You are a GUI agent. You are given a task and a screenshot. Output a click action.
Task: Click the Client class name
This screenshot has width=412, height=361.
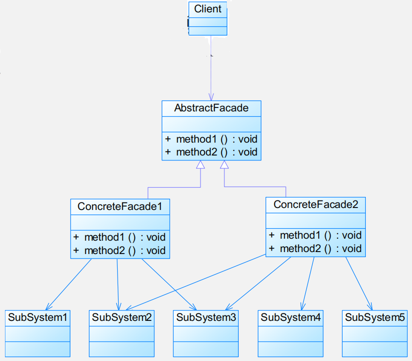tap(207, 9)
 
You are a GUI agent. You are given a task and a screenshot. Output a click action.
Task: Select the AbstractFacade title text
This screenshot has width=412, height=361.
tap(211, 108)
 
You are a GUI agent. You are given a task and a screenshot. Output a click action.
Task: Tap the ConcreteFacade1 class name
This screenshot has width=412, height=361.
tap(120, 206)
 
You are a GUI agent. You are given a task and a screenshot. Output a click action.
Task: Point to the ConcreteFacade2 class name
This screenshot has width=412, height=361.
tap(316, 205)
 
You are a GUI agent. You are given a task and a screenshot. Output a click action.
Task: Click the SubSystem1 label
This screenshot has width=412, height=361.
tap(38, 317)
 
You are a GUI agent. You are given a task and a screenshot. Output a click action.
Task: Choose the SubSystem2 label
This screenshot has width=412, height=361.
tap(122, 317)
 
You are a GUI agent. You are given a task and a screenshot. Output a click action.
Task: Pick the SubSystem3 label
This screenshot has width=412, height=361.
tap(206, 317)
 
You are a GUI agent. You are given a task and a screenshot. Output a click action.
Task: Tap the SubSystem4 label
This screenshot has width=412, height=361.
tap(290, 317)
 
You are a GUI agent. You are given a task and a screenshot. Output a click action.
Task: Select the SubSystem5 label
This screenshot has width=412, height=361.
tap(375, 317)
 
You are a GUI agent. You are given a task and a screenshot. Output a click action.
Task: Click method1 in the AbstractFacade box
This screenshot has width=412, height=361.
tap(196, 139)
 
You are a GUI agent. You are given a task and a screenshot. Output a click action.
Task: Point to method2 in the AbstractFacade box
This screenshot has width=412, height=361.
tap(197, 152)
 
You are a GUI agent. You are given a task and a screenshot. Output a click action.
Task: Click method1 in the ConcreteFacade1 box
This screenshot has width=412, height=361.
tap(104, 237)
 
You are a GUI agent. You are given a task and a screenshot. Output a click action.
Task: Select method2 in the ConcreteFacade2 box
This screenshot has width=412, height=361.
tap(300, 249)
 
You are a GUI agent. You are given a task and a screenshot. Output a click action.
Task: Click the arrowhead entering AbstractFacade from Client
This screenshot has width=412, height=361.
tap(211, 97)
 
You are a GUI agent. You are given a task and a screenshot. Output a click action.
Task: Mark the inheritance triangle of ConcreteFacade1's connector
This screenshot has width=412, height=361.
tap(201, 164)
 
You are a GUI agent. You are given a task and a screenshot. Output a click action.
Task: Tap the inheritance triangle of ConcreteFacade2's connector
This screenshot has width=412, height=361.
tap(224, 164)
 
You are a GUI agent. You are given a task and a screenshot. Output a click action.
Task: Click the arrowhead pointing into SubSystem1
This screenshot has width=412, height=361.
tap(49, 307)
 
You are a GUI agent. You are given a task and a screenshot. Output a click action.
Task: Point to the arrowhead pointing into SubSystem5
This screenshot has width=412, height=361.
tap(370, 306)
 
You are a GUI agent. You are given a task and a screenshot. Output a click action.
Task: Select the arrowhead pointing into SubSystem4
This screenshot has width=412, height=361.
tap(303, 306)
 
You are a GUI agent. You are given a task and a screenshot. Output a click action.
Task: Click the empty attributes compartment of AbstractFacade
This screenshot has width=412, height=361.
tap(211, 124)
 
